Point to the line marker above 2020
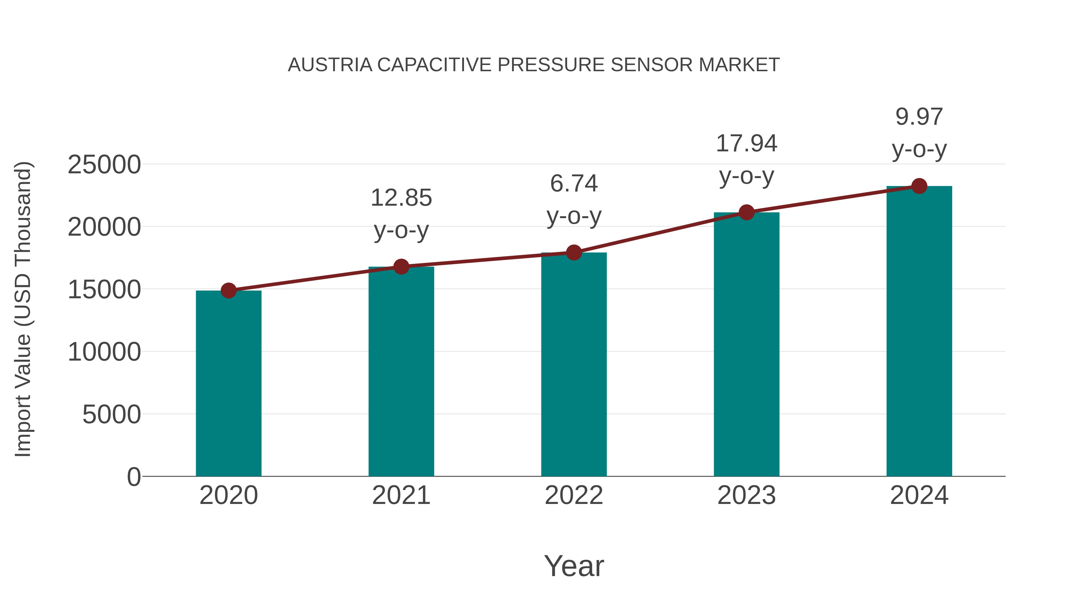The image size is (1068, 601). (x=228, y=291)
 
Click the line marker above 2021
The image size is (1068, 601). (x=401, y=267)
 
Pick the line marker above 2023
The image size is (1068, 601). (x=746, y=213)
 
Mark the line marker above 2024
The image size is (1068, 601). (x=919, y=186)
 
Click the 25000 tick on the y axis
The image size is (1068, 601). (x=104, y=165)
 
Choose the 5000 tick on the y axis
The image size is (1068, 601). (x=112, y=414)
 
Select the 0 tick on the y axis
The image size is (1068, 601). (x=134, y=477)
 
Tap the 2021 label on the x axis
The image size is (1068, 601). (x=401, y=495)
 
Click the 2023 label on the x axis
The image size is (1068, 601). (x=746, y=495)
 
